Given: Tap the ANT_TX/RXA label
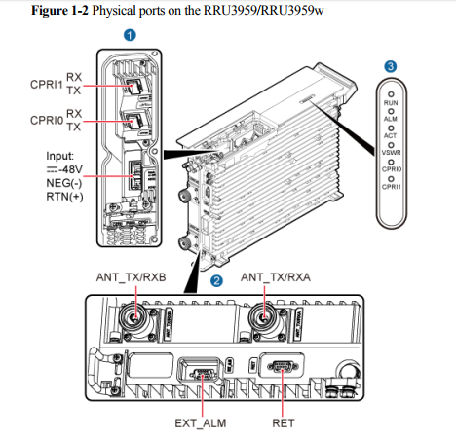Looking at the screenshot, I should point(278,276).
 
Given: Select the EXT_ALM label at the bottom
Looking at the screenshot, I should point(201,423).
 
